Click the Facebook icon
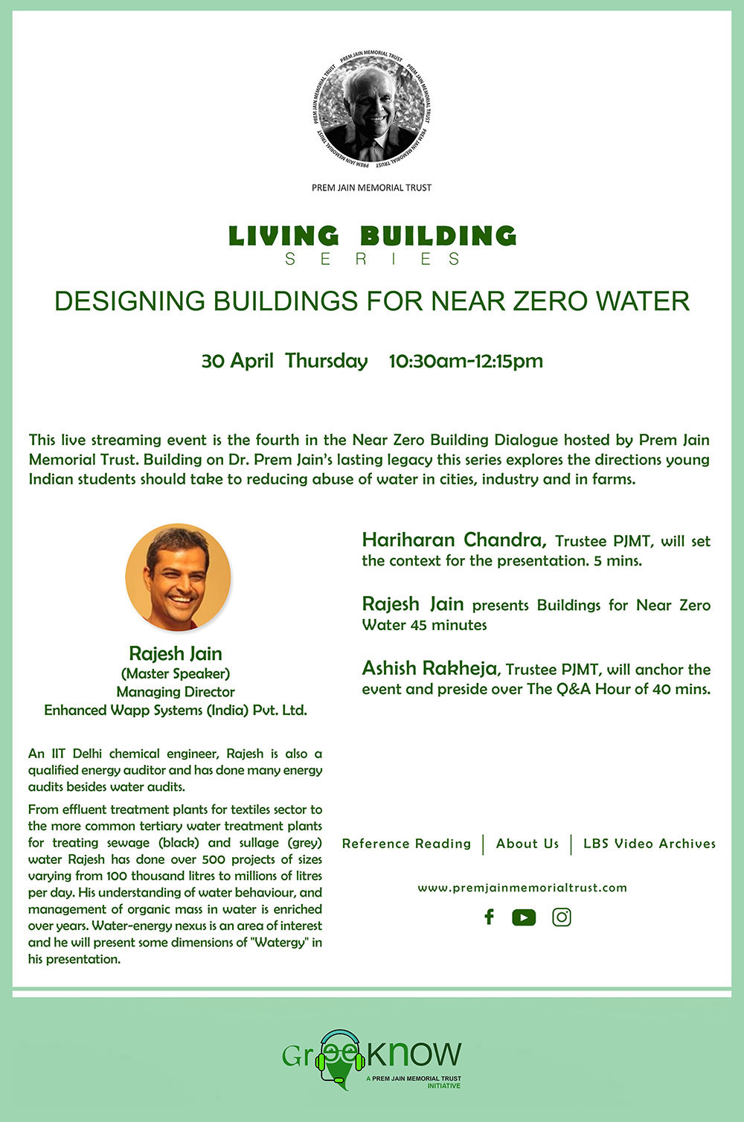[489, 917]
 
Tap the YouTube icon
[524, 917]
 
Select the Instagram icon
[562, 917]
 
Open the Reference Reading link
[406, 844]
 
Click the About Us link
[527, 844]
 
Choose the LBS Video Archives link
[649, 844]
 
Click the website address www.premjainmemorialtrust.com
[522, 888]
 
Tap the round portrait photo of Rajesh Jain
[179, 577]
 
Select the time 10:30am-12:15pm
[466, 361]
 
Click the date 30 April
[233, 361]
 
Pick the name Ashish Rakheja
[430, 669]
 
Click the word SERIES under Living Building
[372, 260]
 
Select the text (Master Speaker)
[176, 673]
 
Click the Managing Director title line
[176, 692]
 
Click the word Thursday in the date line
[327, 361]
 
